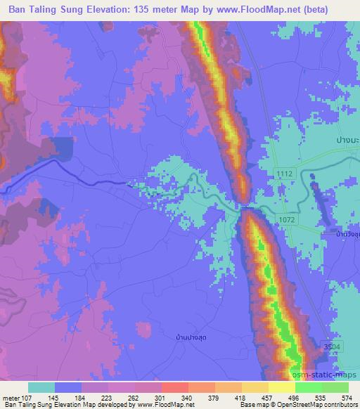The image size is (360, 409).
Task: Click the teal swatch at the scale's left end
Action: (41, 387)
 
